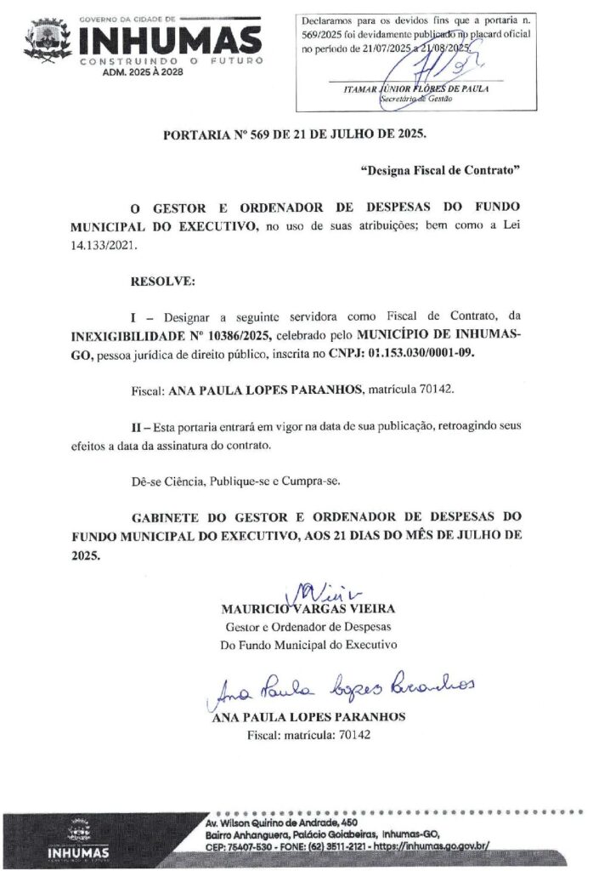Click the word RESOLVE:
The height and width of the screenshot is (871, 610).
click(x=162, y=280)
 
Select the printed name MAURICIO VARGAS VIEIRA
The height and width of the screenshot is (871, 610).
click(x=308, y=609)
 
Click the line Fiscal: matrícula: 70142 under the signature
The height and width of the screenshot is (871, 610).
click(x=308, y=735)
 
